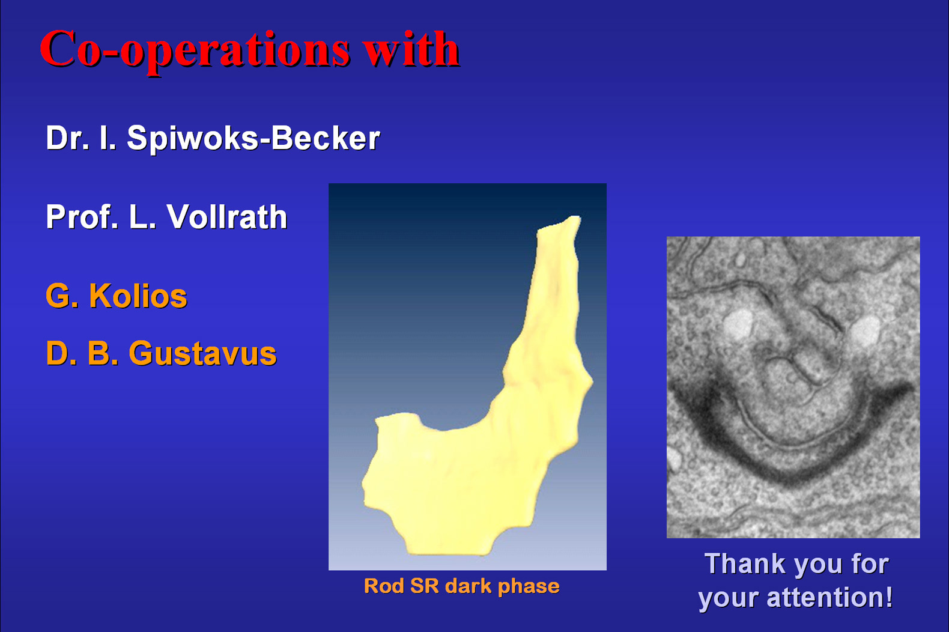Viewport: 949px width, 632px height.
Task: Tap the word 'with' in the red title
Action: pos(412,49)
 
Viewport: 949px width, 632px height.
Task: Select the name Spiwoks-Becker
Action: pos(253,139)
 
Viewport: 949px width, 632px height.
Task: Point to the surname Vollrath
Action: pos(226,217)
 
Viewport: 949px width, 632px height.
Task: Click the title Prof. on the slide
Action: pos(82,217)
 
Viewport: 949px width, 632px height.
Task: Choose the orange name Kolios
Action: pos(138,296)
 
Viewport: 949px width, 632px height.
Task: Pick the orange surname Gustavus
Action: pos(203,353)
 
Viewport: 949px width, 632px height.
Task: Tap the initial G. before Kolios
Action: pos(62,296)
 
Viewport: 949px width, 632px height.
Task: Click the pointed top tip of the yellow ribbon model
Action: pos(577,217)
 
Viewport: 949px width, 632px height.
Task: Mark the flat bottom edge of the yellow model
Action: pos(449,553)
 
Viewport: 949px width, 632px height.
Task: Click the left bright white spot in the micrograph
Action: pos(737,324)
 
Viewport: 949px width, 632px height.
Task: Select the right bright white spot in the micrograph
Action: pos(864,330)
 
